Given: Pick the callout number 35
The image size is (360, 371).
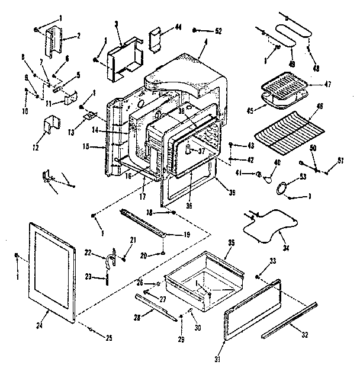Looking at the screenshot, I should tap(232, 242).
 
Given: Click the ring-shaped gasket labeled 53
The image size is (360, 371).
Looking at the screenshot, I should tap(283, 188).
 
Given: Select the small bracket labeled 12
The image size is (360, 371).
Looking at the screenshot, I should tap(52, 127).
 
